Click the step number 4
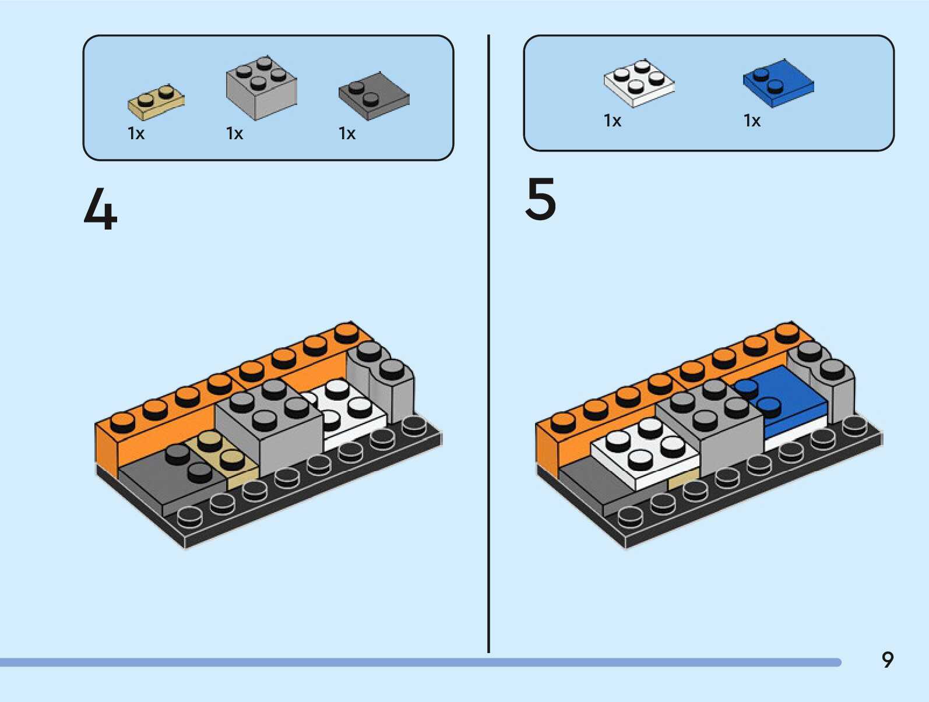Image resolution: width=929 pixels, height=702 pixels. pos(100,210)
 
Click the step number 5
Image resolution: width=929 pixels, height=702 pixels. pos(541,199)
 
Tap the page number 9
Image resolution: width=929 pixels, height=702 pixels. pos(887,659)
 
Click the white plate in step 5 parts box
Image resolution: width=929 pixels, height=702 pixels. pos(639,82)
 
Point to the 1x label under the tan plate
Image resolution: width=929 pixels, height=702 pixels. pos(136,133)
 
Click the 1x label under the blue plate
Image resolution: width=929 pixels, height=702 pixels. pos(752,121)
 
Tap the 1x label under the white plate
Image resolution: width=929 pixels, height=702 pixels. pos(613,121)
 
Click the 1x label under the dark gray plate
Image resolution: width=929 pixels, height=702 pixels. pos(347,133)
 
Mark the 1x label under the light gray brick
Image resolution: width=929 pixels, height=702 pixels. pos(234,133)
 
